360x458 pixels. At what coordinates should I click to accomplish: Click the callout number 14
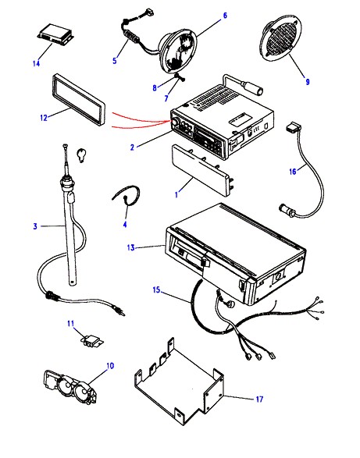coord(36,63)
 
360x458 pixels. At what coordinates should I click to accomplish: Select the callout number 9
coord(308,81)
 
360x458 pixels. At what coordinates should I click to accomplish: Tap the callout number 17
coord(259,399)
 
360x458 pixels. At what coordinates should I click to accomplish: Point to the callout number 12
coord(44,118)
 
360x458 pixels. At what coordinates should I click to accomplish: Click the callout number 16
coord(293,171)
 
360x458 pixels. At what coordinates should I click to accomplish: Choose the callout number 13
coord(130,247)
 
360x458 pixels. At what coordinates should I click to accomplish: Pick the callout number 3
coord(35,226)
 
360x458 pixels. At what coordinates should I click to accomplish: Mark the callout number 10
coord(110,366)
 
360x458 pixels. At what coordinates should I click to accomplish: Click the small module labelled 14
coord(55,34)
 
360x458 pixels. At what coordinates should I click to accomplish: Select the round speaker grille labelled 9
coord(280,38)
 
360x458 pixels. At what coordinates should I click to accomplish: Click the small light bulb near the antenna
coord(81,154)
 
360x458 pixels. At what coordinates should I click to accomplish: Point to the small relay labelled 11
coord(93,341)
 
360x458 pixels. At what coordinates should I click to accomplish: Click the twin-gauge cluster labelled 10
coord(70,387)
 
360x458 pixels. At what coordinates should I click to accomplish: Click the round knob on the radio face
coord(176,122)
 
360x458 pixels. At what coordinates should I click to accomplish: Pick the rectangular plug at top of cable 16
coord(293,128)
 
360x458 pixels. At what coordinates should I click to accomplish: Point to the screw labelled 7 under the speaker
coord(180,77)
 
